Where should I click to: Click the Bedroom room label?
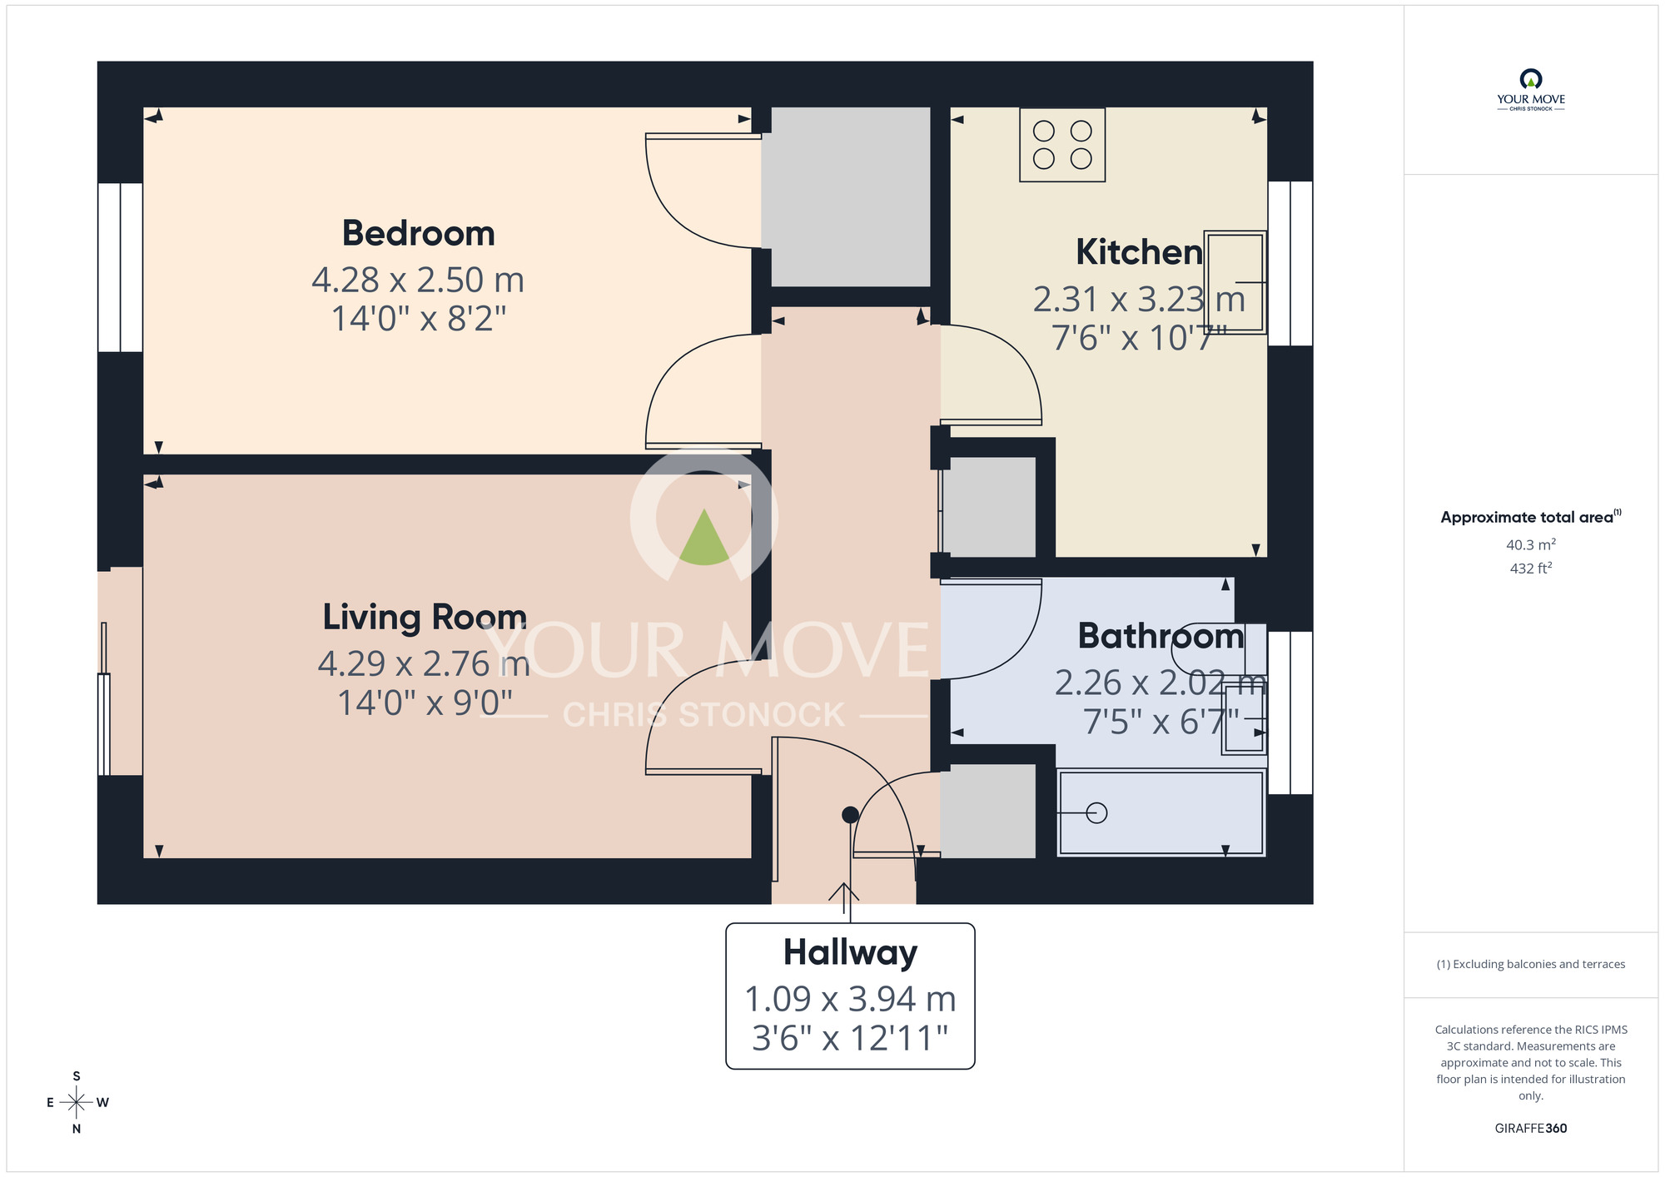tap(418, 233)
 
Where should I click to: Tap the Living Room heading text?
tap(425, 617)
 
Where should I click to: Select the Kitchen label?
tap(1138, 252)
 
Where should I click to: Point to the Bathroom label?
tap(1161, 636)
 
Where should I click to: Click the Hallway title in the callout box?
tap(850, 952)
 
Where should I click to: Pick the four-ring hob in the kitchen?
tap(1062, 145)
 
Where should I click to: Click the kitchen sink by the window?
tap(1235, 282)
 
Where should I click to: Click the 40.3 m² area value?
tap(1530, 544)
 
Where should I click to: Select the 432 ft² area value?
tap(1530, 569)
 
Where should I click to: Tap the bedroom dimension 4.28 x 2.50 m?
tap(418, 280)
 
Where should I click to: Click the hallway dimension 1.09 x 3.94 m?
tap(850, 999)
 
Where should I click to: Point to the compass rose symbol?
tap(77, 1103)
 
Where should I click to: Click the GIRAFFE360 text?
tap(1530, 1129)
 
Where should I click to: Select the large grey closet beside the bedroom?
tap(849, 196)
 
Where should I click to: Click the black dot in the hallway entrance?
tap(850, 815)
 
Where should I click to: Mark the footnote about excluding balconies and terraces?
tap(1530, 964)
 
